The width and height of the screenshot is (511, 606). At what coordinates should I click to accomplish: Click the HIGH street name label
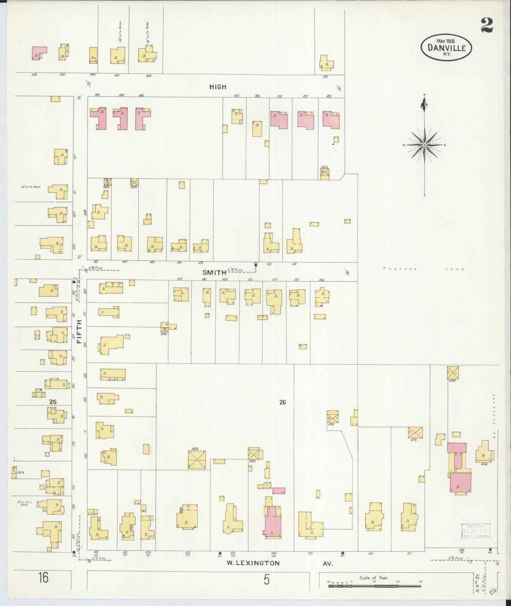tap(217, 87)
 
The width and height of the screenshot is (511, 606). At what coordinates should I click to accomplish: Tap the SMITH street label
tap(214, 272)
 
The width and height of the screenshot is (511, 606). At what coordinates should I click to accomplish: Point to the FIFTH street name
tap(79, 332)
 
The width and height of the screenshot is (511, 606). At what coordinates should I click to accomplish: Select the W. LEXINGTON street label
tap(253, 563)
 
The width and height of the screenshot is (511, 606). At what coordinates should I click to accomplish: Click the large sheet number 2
tap(487, 25)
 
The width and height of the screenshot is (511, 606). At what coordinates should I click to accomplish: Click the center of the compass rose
tap(424, 145)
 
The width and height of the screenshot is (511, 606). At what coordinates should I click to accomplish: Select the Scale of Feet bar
tap(374, 586)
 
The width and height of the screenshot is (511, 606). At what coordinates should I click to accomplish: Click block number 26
tap(282, 402)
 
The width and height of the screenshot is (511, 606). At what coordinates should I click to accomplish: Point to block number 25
tap(53, 402)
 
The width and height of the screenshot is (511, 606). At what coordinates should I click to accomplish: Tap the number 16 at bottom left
tap(44, 578)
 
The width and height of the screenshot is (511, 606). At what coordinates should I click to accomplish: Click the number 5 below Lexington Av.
tap(266, 580)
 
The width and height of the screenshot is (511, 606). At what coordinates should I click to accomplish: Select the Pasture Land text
tap(424, 269)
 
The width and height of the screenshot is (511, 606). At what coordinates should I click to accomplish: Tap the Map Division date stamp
tap(476, 530)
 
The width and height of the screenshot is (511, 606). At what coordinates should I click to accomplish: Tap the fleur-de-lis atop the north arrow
tap(424, 103)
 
